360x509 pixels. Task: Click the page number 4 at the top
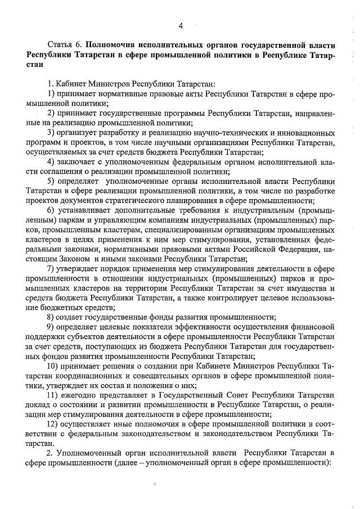click(x=181, y=25)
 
